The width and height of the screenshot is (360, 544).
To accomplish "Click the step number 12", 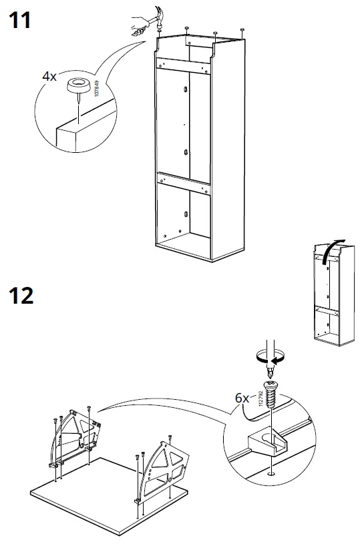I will [21, 294].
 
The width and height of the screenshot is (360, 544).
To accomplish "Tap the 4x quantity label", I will [49, 77].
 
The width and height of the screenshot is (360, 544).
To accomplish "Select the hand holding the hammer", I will [139, 27].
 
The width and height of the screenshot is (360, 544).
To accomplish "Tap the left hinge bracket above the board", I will [75, 436].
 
